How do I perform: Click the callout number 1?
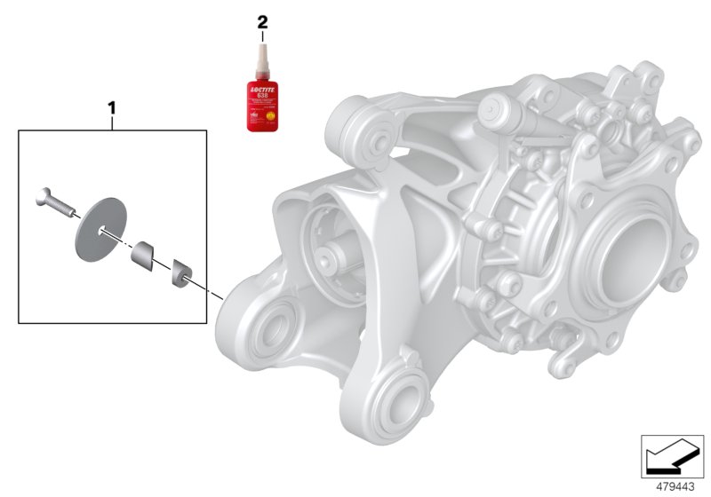(x=112, y=108)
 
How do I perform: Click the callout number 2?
(x=261, y=20)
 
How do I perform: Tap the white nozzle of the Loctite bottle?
(x=262, y=59)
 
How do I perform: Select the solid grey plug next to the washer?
(x=143, y=256)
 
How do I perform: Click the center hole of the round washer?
(x=103, y=233)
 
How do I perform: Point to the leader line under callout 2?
(x=261, y=35)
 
